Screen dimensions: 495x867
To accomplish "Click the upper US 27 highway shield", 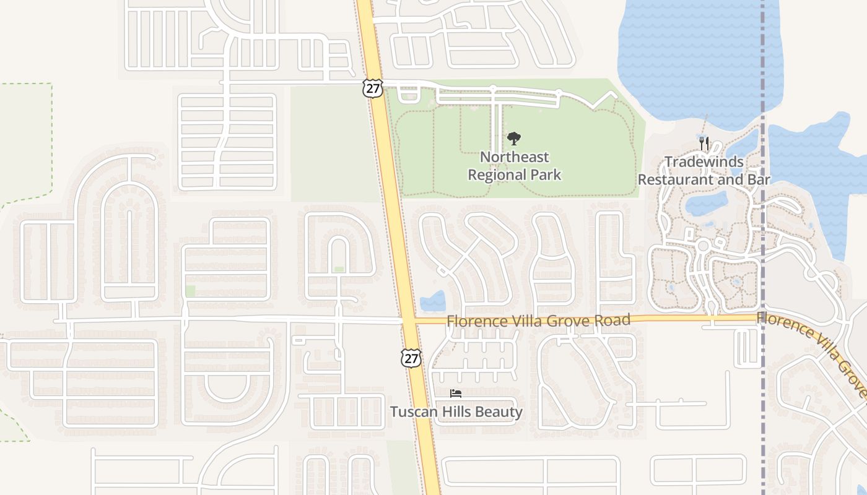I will [372, 88].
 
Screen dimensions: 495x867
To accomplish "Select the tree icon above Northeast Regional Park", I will [513, 139].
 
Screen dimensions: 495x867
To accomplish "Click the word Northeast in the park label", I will [514, 157].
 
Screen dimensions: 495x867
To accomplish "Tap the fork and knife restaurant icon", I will [704, 144].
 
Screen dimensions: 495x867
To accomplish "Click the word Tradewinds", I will [704, 162].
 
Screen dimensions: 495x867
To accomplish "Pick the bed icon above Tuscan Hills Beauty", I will [456, 394].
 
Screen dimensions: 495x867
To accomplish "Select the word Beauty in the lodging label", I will [500, 412].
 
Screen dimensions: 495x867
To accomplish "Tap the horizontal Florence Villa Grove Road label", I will [538, 321].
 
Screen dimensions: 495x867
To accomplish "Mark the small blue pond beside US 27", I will [432, 301].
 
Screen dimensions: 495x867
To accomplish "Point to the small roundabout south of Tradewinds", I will [702, 246].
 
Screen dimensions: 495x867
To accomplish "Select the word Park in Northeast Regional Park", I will [547, 175].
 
